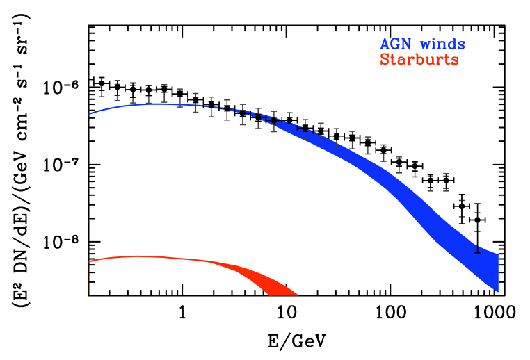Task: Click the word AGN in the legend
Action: (x=394, y=44)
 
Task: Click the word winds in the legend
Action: (x=442, y=44)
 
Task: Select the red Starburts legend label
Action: (x=419, y=60)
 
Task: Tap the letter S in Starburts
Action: (x=385, y=60)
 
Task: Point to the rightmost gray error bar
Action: (x=477, y=232)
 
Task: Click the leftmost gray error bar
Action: (x=102, y=89)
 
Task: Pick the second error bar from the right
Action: (x=461, y=208)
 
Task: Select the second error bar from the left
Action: (x=117, y=92)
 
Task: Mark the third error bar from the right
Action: (x=446, y=183)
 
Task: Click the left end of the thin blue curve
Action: (x=90, y=113)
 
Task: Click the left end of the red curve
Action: (x=90, y=261)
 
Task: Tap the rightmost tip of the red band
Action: (x=298, y=295)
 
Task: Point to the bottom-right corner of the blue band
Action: (x=498, y=291)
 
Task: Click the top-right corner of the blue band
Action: (x=498, y=254)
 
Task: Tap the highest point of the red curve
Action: (x=139, y=256)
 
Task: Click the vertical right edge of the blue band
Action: (x=498, y=272)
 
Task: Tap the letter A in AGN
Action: (x=385, y=44)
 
